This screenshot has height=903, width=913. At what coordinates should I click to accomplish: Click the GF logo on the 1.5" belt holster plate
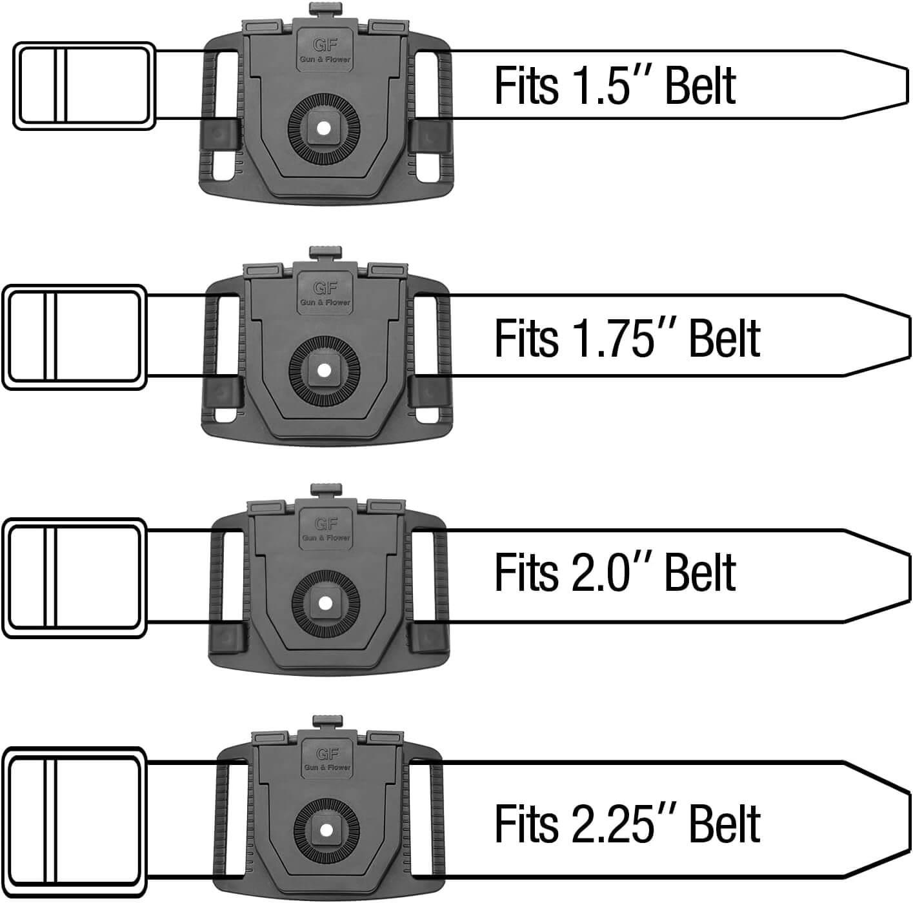[x=325, y=46]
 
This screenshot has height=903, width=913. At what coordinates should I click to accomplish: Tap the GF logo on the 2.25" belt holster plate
[x=326, y=754]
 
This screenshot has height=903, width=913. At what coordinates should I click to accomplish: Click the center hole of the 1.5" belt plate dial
[x=324, y=128]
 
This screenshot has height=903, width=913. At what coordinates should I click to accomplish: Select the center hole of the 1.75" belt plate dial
[x=324, y=370]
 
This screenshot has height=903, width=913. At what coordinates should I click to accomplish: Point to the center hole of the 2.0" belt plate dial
[x=325, y=603]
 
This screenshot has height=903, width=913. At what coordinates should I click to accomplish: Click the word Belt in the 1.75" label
[x=725, y=338]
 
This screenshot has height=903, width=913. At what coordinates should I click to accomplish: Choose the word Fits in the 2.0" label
[x=526, y=572]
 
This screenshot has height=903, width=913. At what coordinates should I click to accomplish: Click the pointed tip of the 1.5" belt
[x=907, y=85]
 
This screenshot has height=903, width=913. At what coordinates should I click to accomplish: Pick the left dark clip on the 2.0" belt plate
[x=228, y=638]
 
